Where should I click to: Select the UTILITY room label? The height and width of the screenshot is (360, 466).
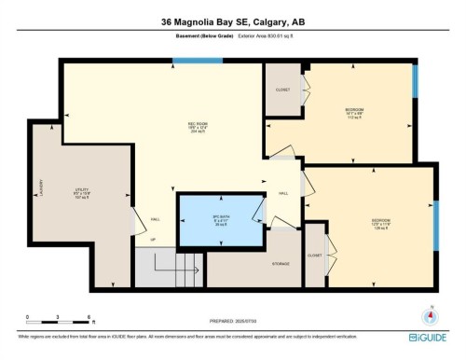[x=82, y=194]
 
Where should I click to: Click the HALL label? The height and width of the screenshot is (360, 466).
[x=282, y=193]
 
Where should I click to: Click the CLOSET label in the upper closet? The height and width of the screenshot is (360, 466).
[x=283, y=90]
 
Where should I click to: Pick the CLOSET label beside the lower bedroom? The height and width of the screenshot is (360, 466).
[x=314, y=255]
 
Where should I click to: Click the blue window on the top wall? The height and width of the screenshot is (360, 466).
[x=198, y=61]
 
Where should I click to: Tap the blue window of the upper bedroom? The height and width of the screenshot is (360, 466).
[x=416, y=82]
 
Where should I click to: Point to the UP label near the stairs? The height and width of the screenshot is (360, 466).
[x=141, y=241]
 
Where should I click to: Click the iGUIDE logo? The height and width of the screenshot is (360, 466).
[x=427, y=335]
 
